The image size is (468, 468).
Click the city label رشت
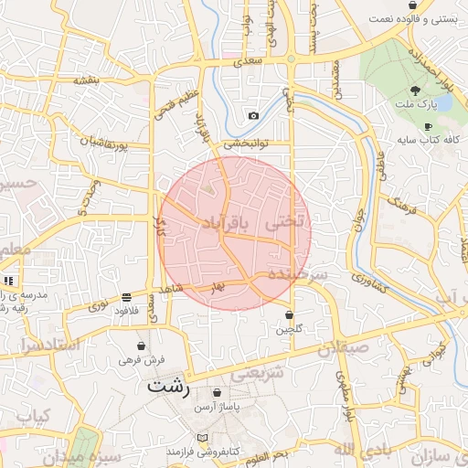pyautogui.click(x=168, y=387)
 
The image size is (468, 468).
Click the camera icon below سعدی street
pyautogui.click(x=253, y=115)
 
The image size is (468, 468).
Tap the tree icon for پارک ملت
pyautogui.click(x=416, y=90)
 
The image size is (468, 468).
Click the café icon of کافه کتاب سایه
pyautogui.click(x=428, y=126)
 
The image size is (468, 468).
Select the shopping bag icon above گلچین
pyautogui.click(x=289, y=314)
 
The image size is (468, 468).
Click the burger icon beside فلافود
pyautogui.click(x=125, y=297)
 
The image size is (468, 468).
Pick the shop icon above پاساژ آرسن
pyautogui.click(x=216, y=392)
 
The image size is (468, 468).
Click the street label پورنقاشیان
pyautogui.click(x=109, y=144)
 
